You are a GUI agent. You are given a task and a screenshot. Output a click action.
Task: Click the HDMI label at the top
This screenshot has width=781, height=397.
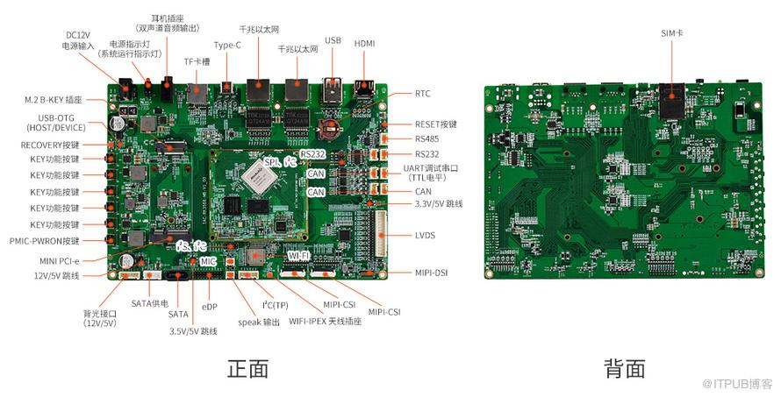click(364, 43)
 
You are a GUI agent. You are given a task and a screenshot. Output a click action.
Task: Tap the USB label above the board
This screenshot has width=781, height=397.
click(333, 40)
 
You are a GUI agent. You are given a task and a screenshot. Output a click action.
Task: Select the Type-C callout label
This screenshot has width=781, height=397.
click(228, 45)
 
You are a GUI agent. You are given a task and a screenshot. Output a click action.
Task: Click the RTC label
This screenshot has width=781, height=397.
click(423, 93)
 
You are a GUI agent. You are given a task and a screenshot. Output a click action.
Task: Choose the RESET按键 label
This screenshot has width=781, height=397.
click(436, 124)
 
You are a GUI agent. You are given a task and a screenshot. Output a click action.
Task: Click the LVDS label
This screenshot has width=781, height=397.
click(425, 236)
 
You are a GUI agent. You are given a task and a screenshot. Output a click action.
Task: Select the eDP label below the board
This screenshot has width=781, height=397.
click(209, 307)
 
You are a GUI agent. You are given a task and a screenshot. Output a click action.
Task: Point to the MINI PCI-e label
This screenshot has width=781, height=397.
click(59, 260)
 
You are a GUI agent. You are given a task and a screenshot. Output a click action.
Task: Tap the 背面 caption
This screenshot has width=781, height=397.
click(624, 369)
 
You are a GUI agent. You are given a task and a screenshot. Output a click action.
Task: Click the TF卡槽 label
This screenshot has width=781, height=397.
click(197, 61)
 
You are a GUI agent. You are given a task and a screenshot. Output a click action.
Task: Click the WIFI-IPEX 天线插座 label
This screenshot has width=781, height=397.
click(306, 322)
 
